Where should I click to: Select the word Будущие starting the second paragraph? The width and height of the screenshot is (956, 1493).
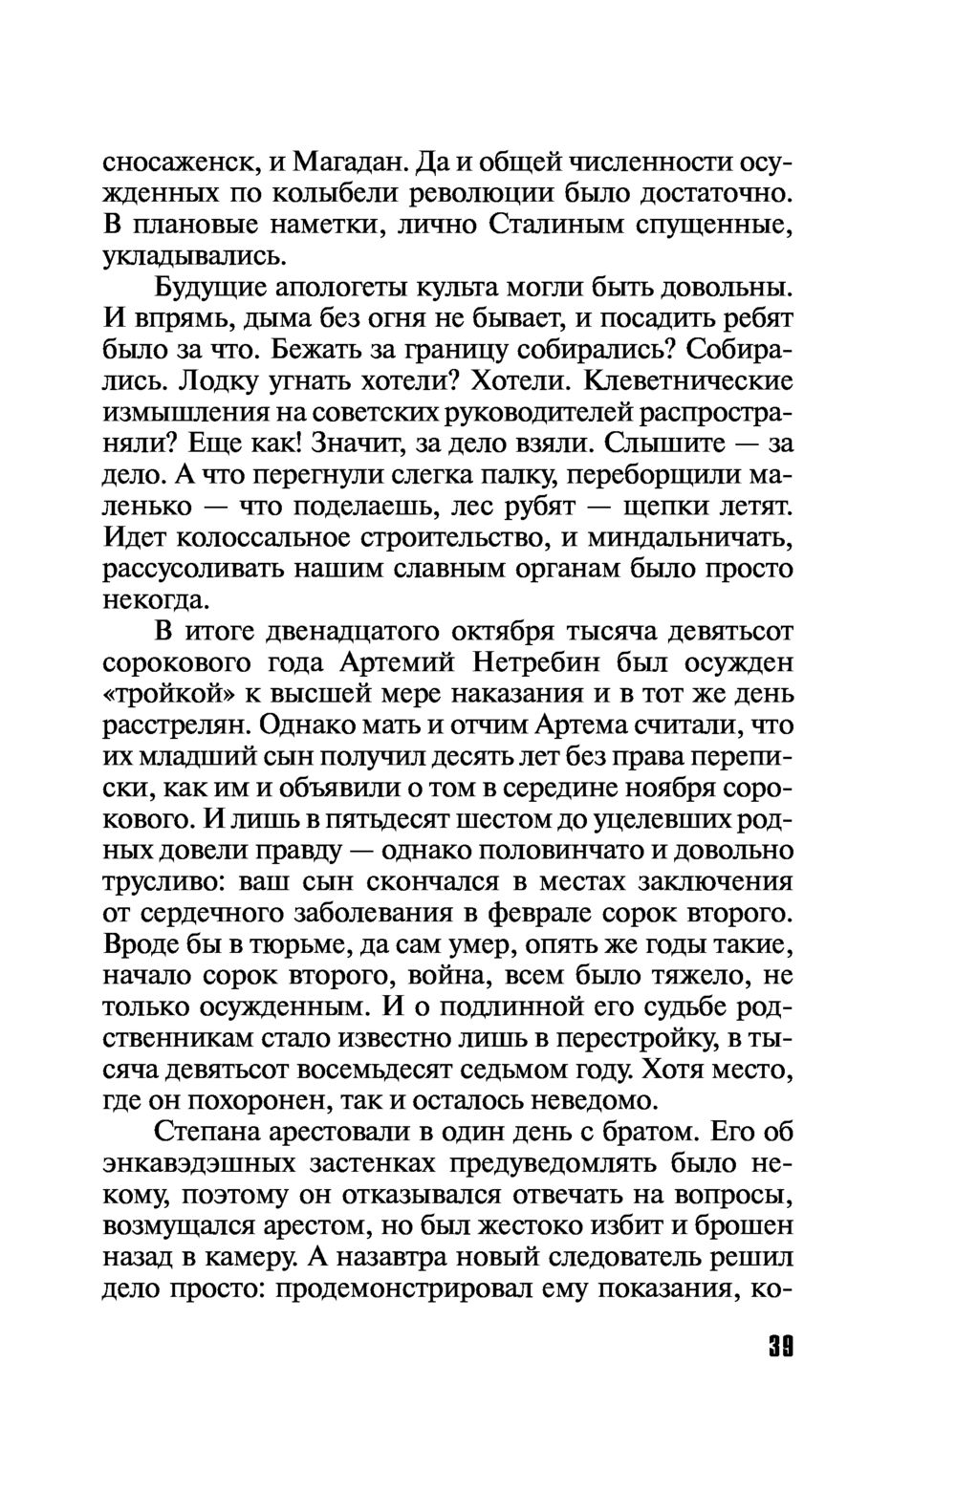coord(208,288)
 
